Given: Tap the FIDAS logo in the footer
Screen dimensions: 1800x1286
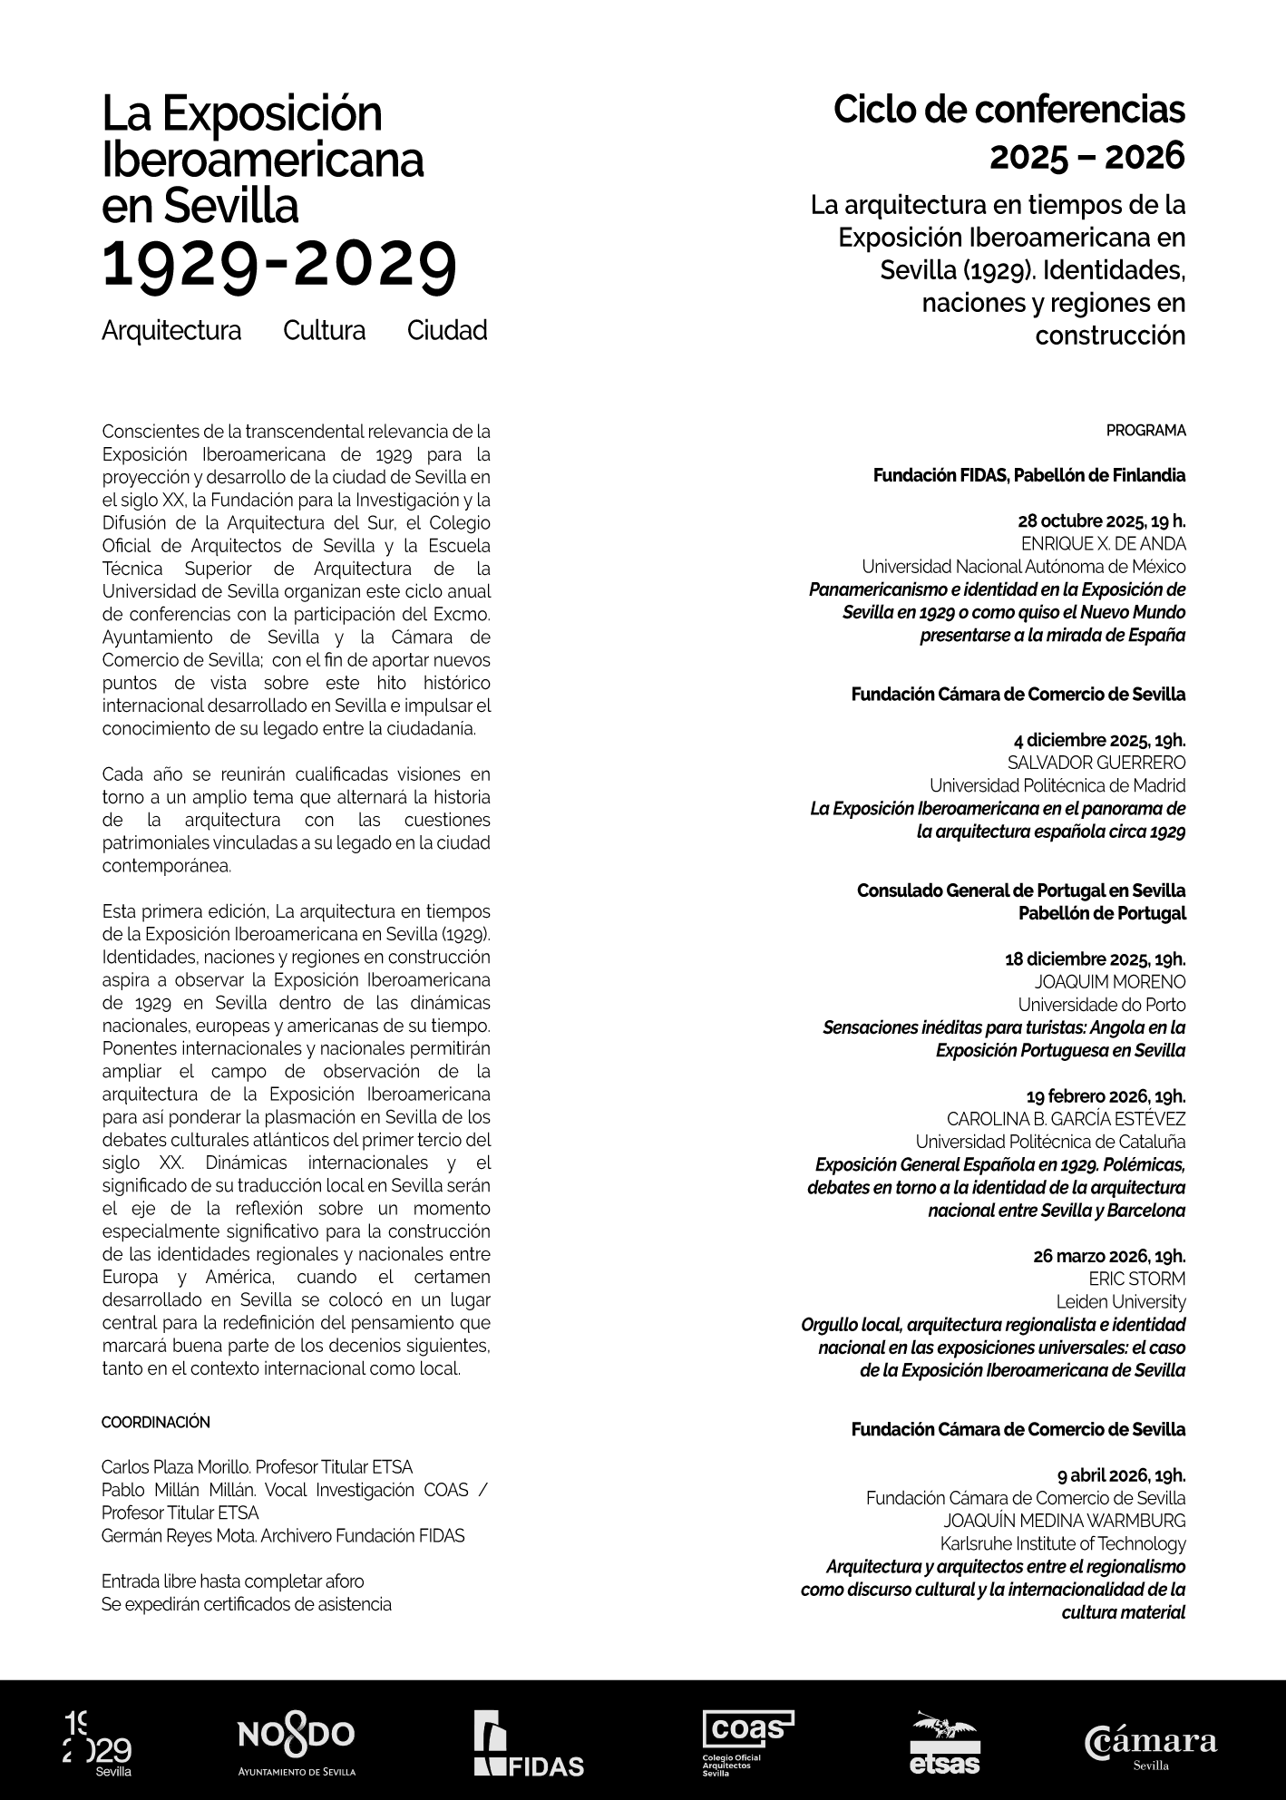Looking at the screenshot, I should tap(528, 1743).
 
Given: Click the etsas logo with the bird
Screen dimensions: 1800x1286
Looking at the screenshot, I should tap(945, 1743).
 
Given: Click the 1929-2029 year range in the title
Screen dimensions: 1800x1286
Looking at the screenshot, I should tap(280, 265).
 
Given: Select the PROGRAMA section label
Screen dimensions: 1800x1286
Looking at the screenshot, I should tap(1145, 431).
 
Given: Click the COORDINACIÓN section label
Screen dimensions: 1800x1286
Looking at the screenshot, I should tap(155, 1422).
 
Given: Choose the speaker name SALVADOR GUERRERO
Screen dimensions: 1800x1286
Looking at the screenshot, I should tap(1096, 763).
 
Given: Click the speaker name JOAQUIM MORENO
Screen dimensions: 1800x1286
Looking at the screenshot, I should tap(1109, 982).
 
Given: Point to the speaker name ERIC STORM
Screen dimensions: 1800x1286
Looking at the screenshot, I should tap(1137, 1279).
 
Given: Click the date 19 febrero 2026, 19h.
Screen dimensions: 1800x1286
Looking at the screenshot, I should tap(1106, 1095).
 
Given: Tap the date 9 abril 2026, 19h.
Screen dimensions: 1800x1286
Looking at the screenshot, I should tap(1121, 1475).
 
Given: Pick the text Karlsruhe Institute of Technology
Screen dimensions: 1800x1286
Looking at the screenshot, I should tap(1062, 1543).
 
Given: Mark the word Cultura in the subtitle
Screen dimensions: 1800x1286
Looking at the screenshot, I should tap(324, 330).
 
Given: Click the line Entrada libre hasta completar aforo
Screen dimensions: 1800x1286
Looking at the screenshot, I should tap(233, 1581).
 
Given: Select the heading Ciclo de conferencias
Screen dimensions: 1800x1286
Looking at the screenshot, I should tap(1008, 111).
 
